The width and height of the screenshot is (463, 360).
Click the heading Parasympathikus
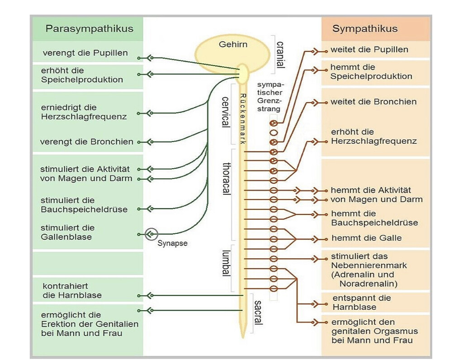89,29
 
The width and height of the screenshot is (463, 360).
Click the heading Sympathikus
365,29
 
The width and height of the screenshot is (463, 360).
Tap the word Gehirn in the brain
233,45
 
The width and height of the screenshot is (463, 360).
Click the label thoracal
227,178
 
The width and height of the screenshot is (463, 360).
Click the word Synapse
172,243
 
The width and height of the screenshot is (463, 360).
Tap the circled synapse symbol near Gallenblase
151,234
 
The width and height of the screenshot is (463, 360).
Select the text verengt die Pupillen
85,53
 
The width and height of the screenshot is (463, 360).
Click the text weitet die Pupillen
369,49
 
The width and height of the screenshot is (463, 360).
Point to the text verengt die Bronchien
86,142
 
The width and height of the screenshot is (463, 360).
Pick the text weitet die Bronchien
373,102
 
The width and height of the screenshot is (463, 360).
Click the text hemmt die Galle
366,238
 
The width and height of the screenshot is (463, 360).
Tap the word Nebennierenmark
369,265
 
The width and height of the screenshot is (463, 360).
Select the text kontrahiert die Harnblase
72,291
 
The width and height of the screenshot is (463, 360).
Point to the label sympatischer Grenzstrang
271,96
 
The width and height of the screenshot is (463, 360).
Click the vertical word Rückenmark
243,118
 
